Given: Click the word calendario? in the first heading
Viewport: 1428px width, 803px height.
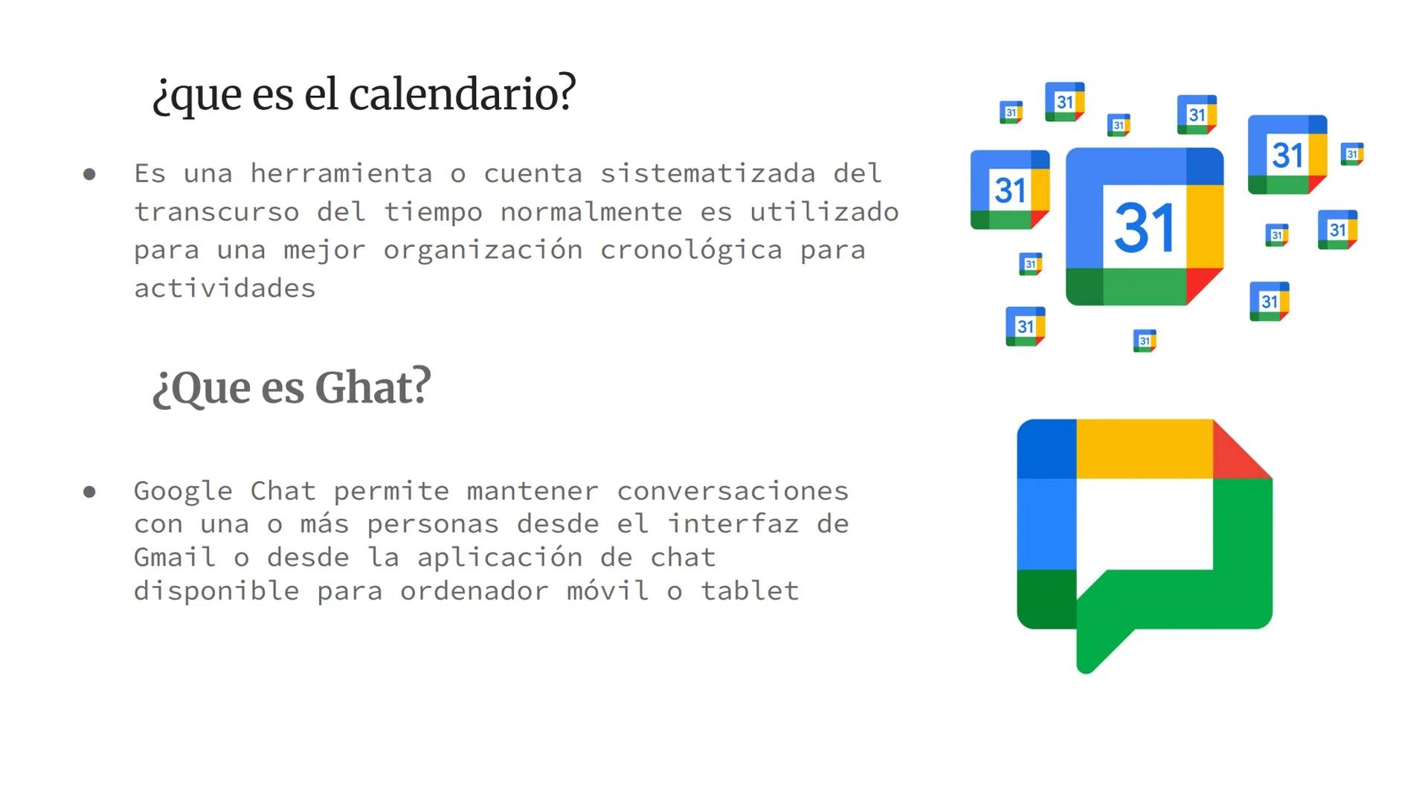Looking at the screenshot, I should pyautogui.click(x=462, y=94).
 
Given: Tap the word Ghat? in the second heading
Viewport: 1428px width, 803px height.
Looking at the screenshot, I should pyautogui.click(x=373, y=387).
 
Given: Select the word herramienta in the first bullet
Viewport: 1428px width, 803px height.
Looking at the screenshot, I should pyautogui.click(x=341, y=173).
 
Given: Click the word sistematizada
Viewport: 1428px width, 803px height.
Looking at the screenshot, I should pyautogui.click(x=708, y=173).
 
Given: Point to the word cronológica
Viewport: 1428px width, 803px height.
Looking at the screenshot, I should pyautogui.click(x=691, y=251).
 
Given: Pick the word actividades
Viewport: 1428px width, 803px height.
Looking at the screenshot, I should pyautogui.click(x=225, y=288).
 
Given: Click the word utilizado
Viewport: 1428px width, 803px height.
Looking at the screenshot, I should pyautogui.click(x=824, y=212).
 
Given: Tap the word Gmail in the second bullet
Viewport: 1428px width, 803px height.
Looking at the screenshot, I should pyautogui.click(x=175, y=557).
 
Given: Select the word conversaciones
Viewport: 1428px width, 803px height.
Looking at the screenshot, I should pyautogui.click(x=733, y=491).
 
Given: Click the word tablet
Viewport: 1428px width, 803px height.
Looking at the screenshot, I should pyautogui.click(x=750, y=591).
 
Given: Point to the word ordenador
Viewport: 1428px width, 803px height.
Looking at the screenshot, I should pyautogui.click(x=475, y=591).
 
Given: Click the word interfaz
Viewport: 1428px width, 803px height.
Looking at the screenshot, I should pyautogui.click(x=733, y=524).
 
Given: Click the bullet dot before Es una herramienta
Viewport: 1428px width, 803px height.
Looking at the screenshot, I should pyautogui.click(x=90, y=175).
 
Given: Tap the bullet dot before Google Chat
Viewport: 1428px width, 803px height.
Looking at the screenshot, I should pyautogui.click(x=90, y=491).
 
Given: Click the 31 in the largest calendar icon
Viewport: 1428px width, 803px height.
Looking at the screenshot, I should pyautogui.click(x=1144, y=228).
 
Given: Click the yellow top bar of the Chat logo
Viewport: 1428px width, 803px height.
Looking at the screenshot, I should pyautogui.click(x=1144, y=448).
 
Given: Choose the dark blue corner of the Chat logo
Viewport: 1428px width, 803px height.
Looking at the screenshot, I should pyautogui.click(x=1046, y=448).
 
